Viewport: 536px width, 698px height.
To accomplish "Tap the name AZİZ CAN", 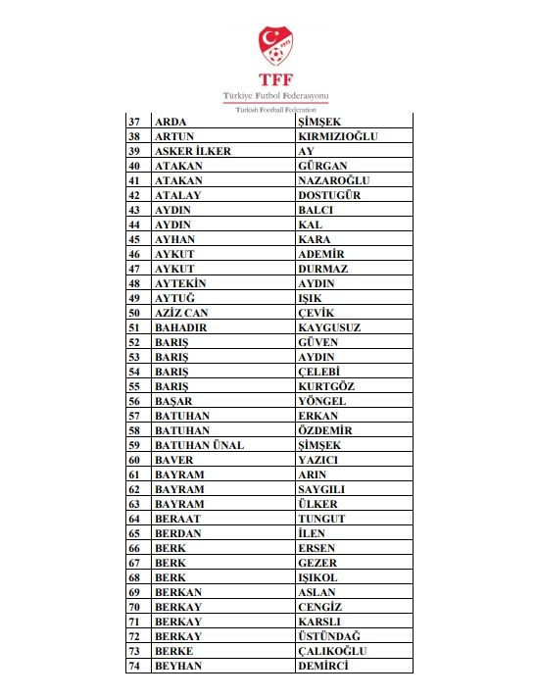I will point(181,313).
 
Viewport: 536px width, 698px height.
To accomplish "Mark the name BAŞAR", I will point(173,401).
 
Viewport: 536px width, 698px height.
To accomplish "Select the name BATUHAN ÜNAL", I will point(199,445).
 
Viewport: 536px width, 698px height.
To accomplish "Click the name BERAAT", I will point(176,519).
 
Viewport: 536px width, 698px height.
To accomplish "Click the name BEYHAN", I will point(177,666).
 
